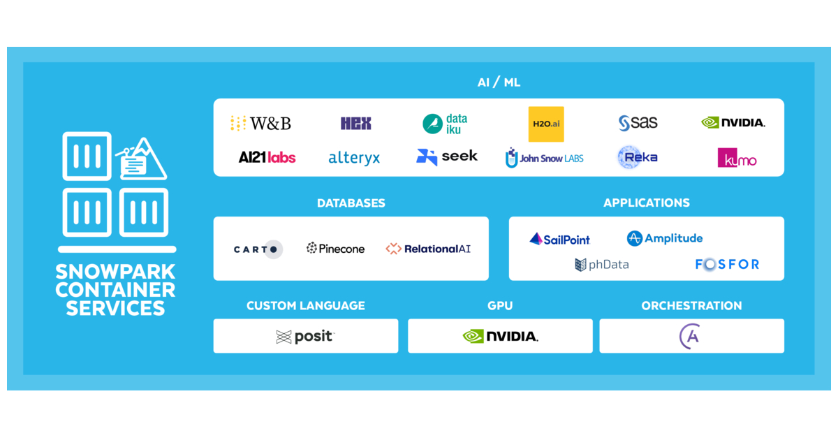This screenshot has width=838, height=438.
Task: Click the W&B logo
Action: tap(260, 124)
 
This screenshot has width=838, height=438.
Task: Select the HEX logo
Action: tap(355, 124)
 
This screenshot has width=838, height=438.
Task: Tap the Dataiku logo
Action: tap(445, 124)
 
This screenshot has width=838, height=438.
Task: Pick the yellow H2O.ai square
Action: tap(546, 124)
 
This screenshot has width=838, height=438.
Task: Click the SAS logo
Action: tap(638, 123)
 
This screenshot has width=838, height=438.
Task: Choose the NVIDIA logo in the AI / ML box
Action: tap(733, 123)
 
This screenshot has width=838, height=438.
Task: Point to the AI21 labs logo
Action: tap(267, 157)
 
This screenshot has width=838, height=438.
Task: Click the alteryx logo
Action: tap(354, 158)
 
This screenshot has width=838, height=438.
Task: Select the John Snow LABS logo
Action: tap(544, 158)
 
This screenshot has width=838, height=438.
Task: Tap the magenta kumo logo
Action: tap(737, 158)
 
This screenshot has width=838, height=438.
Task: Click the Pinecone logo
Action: tap(335, 248)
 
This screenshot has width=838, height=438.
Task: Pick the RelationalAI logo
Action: tap(428, 249)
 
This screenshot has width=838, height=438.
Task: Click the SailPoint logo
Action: tap(559, 239)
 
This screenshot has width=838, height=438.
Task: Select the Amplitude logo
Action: tap(665, 238)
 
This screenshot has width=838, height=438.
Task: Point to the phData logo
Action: tap(601, 264)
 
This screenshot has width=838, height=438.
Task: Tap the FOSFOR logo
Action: tap(727, 264)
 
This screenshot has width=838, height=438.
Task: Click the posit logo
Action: tap(305, 337)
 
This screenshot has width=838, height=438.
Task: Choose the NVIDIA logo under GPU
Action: tap(500, 336)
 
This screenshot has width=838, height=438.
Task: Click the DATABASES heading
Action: tap(351, 203)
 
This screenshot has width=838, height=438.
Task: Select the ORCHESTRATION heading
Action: tap(691, 305)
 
